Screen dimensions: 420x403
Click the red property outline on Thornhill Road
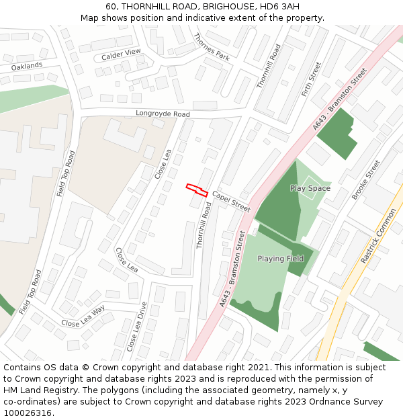[x=196, y=189]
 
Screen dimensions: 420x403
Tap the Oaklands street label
[x=27, y=66]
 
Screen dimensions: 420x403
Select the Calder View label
[x=121, y=54]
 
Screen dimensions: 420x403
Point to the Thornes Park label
[x=211, y=47]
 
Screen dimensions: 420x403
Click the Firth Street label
[x=312, y=79]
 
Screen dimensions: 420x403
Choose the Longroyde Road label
[x=163, y=114]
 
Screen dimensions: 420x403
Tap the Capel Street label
[x=231, y=202]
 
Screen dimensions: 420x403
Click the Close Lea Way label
[x=83, y=315]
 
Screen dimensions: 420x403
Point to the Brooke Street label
[x=366, y=179]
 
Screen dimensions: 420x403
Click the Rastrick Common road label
[x=378, y=235]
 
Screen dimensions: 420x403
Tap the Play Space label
[x=310, y=188]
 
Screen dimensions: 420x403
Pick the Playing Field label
[x=280, y=259]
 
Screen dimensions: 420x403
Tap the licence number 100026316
[x=27, y=413]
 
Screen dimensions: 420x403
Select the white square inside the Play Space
[x=310, y=187]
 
